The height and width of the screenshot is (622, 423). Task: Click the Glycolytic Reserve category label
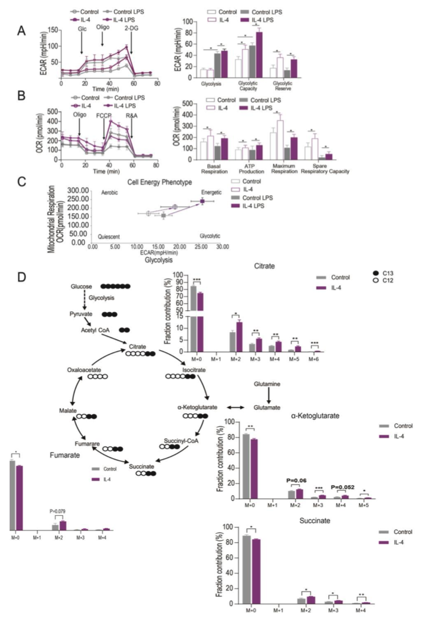click(283, 87)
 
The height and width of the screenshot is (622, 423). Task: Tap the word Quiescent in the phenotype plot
click(108, 237)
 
